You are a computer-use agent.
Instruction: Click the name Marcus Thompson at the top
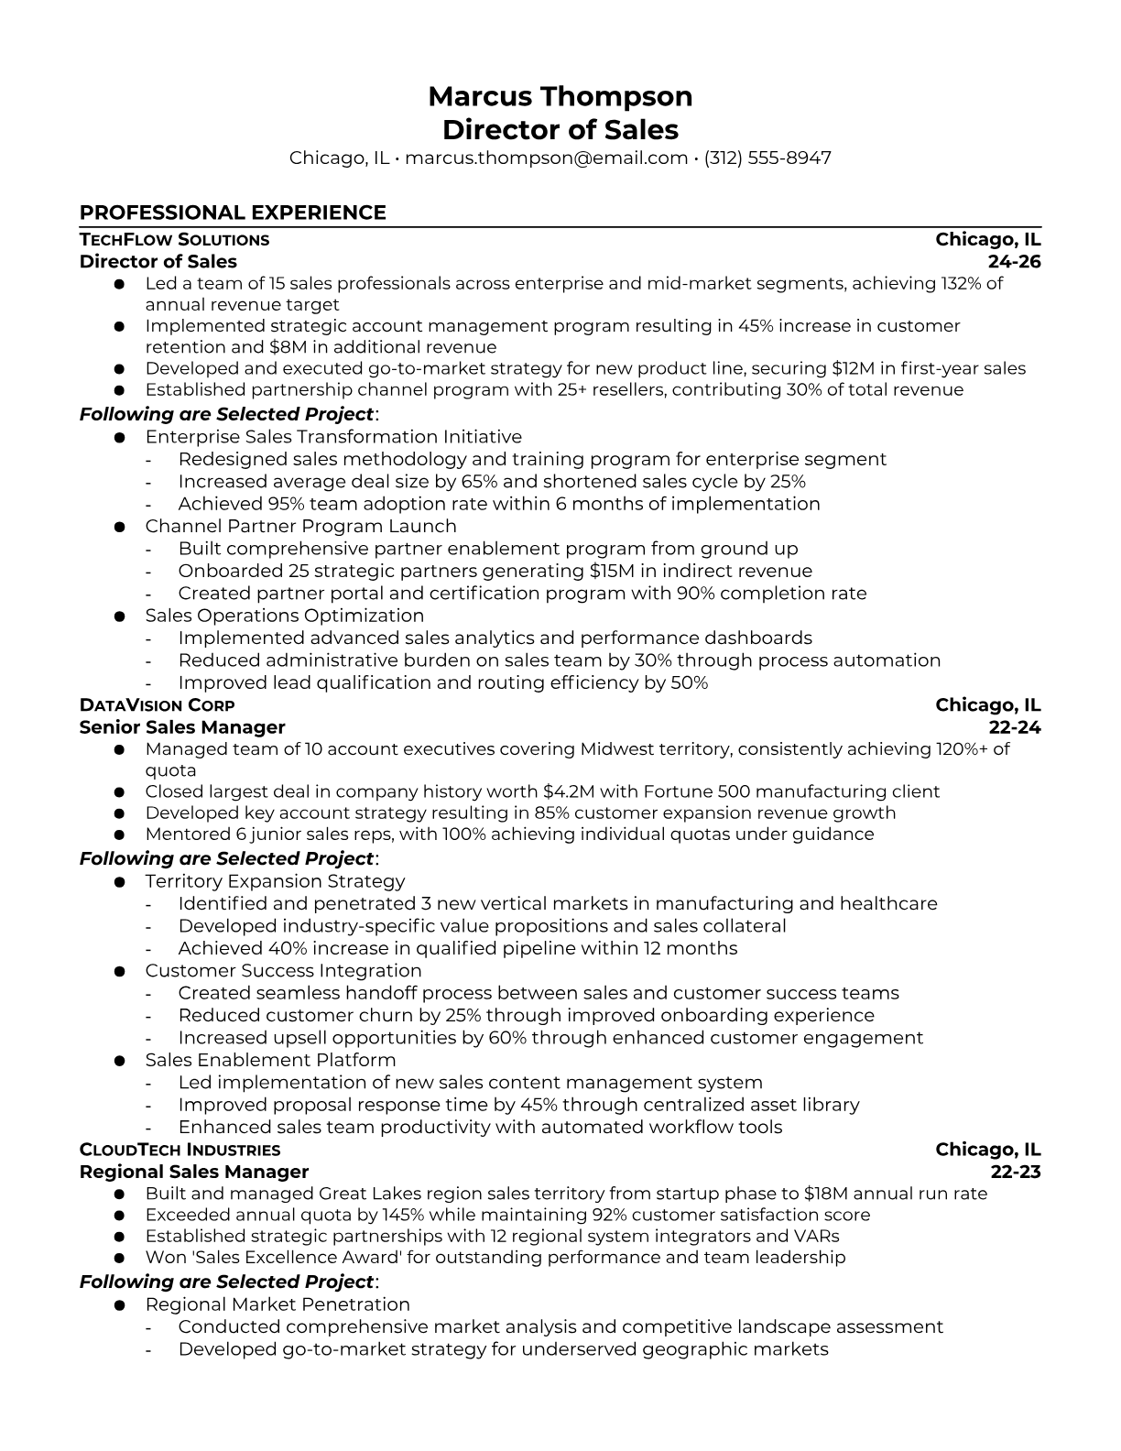coord(560,96)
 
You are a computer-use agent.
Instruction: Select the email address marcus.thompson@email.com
coord(546,158)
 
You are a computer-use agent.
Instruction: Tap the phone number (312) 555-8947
coord(767,158)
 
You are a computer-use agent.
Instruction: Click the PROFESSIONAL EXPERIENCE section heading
coord(233,213)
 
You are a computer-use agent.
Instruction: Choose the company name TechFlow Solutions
coord(174,240)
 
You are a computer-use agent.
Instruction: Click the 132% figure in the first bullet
coord(963,283)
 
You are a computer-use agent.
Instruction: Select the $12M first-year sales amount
coord(852,368)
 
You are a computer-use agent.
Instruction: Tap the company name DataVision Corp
coord(157,705)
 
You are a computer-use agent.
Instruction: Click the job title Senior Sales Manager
coord(182,727)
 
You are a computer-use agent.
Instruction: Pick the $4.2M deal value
coord(571,791)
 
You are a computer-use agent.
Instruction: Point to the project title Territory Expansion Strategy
coord(275,881)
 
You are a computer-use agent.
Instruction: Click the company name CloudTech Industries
coord(180,1151)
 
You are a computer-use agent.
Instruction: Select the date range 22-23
coord(1016,1173)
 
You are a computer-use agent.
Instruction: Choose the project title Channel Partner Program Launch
coord(300,526)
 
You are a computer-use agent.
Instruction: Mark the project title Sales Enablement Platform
coord(270,1060)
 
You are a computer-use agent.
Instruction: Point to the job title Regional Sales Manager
coord(194,1173)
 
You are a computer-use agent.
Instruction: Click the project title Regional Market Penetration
coord(278,1304)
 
